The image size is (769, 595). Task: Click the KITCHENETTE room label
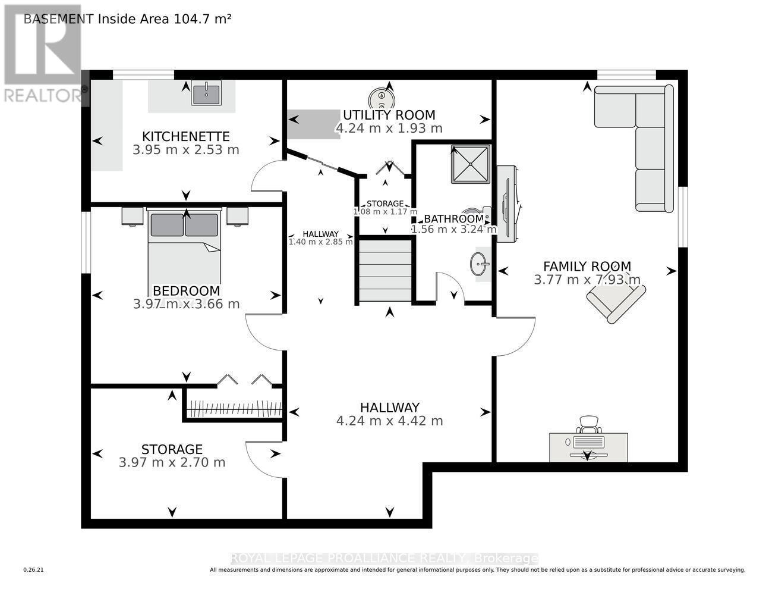point(185,136)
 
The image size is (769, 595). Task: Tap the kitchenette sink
point(206,93)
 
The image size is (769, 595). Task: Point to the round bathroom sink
point(479,264)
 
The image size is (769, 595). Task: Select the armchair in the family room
point(616,300)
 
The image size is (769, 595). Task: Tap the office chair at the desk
point(588,424)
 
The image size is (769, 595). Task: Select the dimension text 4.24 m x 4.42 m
point(389,421)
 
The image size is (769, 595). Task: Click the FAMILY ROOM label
point(587,267)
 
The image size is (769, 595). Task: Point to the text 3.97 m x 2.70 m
point(172,462)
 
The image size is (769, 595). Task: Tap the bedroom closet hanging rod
point(234,409)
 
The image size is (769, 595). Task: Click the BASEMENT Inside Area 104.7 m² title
point(127,18)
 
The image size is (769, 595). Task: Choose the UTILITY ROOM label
point(389,115)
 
